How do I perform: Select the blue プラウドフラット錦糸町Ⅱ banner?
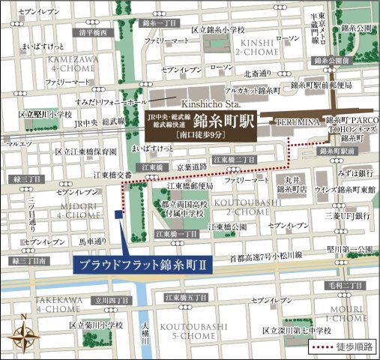coord(142,265)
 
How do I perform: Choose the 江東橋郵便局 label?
coord(190,186)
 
